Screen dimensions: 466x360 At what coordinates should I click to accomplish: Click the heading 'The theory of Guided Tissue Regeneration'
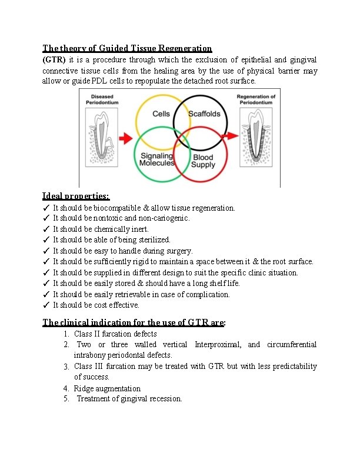127,48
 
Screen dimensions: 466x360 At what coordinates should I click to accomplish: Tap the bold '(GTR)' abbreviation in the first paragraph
55,60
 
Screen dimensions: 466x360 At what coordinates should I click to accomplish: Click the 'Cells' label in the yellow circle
161,114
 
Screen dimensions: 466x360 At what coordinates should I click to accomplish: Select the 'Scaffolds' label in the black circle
204,114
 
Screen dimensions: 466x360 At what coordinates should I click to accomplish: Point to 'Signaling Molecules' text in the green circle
157,159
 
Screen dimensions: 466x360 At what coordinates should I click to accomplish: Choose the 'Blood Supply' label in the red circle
204,161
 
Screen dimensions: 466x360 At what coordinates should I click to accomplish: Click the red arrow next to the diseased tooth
125,139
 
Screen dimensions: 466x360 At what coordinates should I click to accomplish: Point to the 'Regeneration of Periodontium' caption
256,99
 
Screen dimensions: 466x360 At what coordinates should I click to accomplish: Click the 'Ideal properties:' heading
76,196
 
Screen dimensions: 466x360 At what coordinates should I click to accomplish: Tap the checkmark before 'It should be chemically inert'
46,229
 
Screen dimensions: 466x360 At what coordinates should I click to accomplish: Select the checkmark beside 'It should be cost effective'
46,305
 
